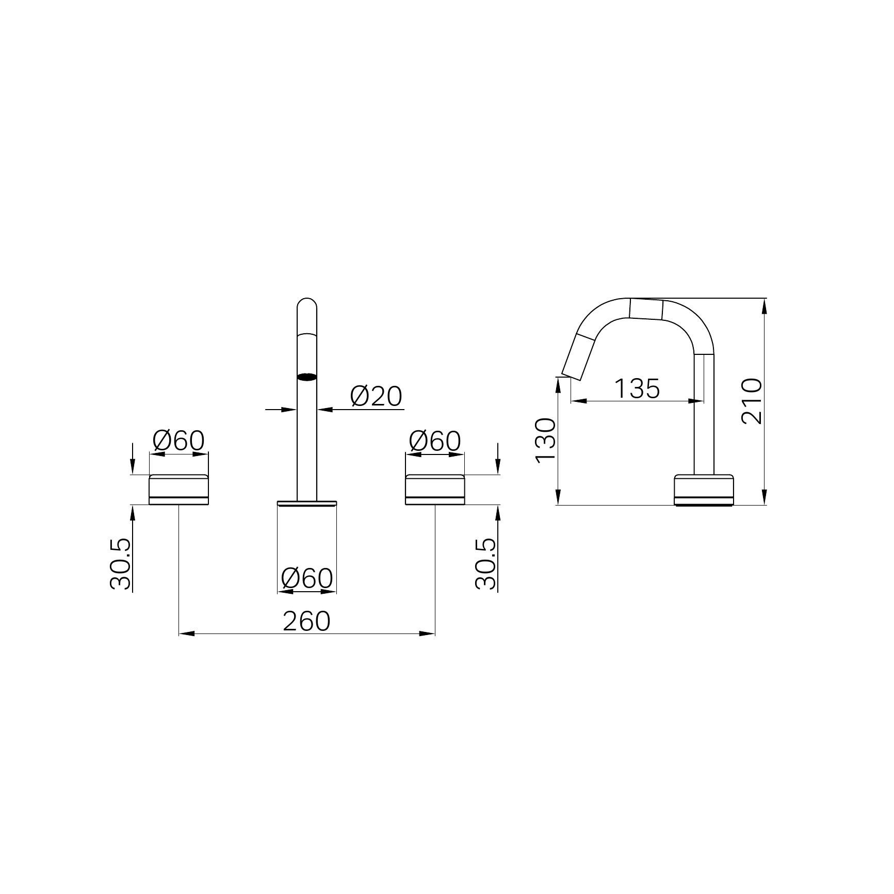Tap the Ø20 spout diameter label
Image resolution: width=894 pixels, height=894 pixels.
[376, 397]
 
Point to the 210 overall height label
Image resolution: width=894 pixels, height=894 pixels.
[751, 401]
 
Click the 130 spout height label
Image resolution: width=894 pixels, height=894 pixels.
[546, 441]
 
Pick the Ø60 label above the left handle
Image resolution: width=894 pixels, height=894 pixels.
[179, 441]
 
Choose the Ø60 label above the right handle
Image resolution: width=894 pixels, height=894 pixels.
[435, 441]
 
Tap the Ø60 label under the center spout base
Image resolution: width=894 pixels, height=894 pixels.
[307, 578]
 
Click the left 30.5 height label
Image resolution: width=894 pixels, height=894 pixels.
[121, 564]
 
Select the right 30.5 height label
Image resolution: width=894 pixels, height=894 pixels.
[485, 564]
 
